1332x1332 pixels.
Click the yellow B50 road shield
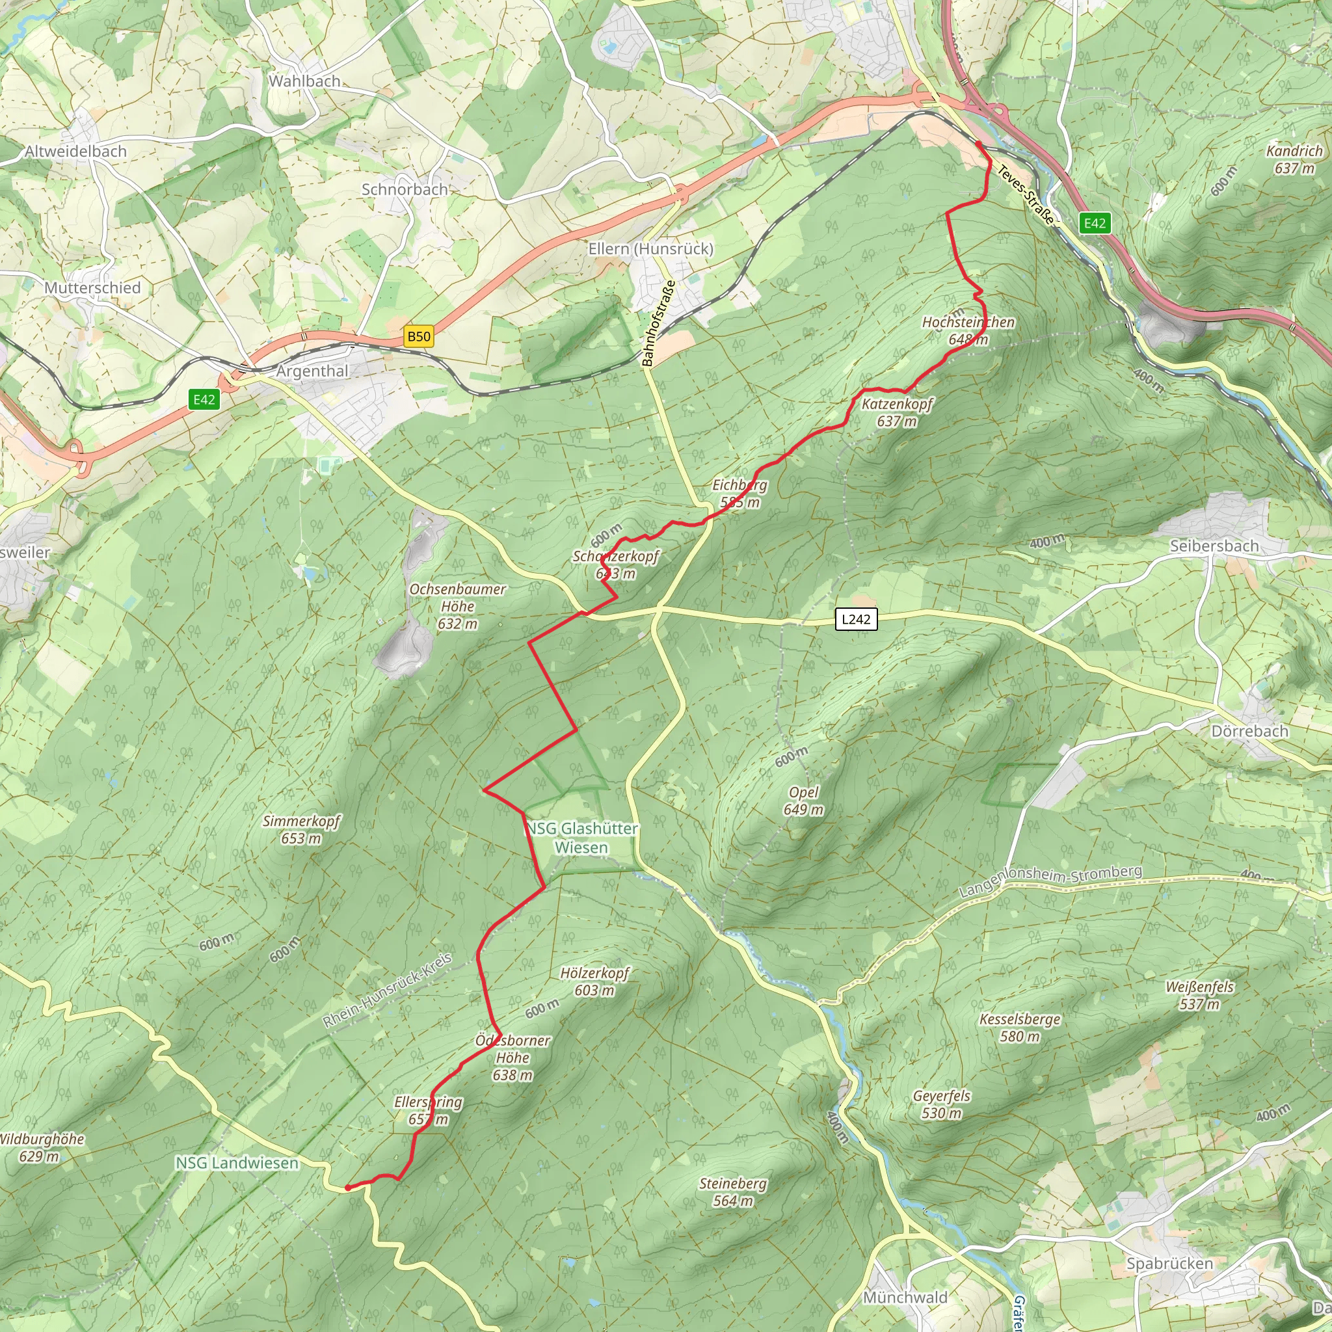point(418,336)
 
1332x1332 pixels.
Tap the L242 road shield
point(856,619)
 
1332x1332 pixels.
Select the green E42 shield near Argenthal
point(204,399)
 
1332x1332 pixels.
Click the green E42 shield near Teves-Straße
point(1095,222)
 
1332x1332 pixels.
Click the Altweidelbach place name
point(76,151)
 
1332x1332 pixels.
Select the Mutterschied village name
point(92,287)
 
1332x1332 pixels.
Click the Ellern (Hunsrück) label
point(650,248)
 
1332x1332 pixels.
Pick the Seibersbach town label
point(1214,546)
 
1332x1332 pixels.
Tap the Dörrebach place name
point(1249,731)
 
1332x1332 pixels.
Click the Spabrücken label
point(1169,1263)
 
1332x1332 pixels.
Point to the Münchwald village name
point(905,1297)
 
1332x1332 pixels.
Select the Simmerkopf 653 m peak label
point(301,829)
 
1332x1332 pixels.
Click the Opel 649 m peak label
point(803,801)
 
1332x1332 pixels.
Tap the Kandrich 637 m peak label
point(1294,159)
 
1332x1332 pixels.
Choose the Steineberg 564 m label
point(733,1192)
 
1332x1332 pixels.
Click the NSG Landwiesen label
point(237,1163)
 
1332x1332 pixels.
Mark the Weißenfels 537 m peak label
point(1199,995)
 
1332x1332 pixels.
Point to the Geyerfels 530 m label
point(941,1104)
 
